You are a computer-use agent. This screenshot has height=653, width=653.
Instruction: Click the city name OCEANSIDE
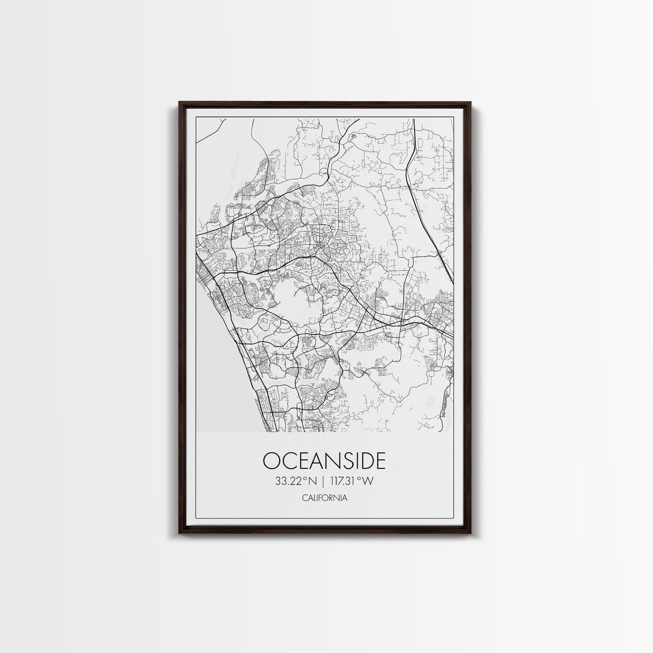[x=324, y=461]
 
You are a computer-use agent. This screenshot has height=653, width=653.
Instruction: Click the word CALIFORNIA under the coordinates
[x=324, y=498]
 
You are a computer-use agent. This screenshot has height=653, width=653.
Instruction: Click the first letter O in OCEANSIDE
[x=271, y=461]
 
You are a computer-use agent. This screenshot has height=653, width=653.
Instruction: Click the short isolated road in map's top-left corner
[x=210, y=131]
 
